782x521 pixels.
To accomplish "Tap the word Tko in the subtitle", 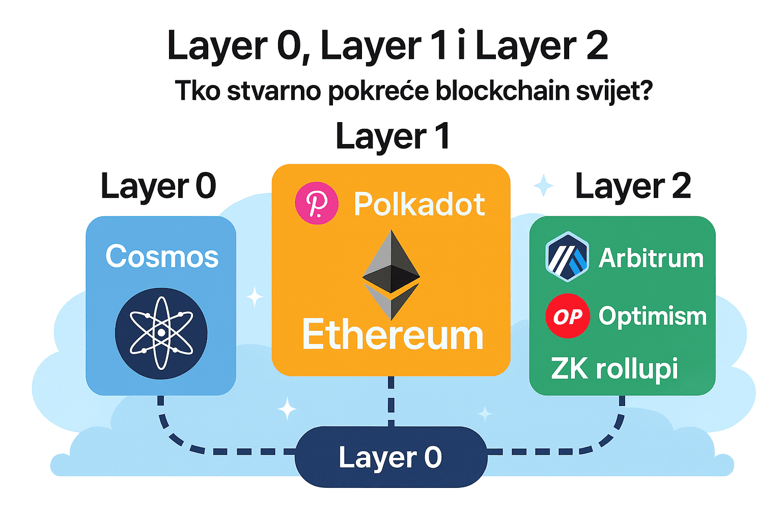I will pyautogui.click(x=198, y=91).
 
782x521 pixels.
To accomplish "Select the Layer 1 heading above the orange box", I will pyautogui.click(x=393, y=136).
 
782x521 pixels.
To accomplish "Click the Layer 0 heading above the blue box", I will pyautogui.click(x=158, y=186).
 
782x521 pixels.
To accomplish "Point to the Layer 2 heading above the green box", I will pyautogui.click(x=633, y=186).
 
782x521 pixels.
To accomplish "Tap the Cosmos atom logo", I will pyautogui.click(x=161, y=333).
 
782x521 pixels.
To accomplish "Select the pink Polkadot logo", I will pyautogui.click(x=317, y=204).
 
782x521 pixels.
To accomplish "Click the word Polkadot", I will pyautogui.click(x=419, y=205).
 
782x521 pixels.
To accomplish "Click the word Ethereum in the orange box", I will pyautogui.click(x=392, y=335).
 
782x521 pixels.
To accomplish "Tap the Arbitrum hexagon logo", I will pyautogui.click(x=567, y=257).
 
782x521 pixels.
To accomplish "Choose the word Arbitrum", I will pyautogui.click(x=651, y=258).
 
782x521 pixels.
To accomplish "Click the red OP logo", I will pyautogui.click(x=568, y=316).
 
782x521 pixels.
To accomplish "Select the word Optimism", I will pyautogui.click(x=652, y=316).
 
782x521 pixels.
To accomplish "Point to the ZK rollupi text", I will pyautogui.click(x=614, y=368).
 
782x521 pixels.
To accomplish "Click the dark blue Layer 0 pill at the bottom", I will pyautogui.click(x=390, y=457).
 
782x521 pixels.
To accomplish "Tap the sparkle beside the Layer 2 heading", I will pyautogui.click(x=543, y=186).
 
